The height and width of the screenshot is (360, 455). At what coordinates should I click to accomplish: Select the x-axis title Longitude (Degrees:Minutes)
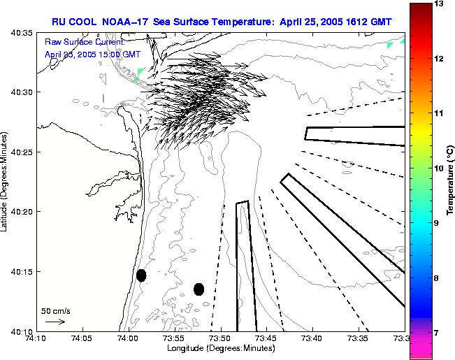(x=219, y=348)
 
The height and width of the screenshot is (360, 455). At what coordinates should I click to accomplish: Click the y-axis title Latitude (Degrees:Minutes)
(x=6, y=181)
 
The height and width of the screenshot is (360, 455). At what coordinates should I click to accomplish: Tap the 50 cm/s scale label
(x=55, y=310)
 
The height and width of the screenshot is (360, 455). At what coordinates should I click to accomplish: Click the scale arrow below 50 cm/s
(x=55, y=322)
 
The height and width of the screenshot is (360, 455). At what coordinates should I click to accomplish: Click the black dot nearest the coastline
(x=141, y=275)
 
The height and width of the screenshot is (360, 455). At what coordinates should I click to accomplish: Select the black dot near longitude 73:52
(x=198, y=289)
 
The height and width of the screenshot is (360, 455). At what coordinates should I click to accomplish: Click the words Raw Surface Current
(x=75, y=42)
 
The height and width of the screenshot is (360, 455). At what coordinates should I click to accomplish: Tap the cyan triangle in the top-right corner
(x=391, y=45)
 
